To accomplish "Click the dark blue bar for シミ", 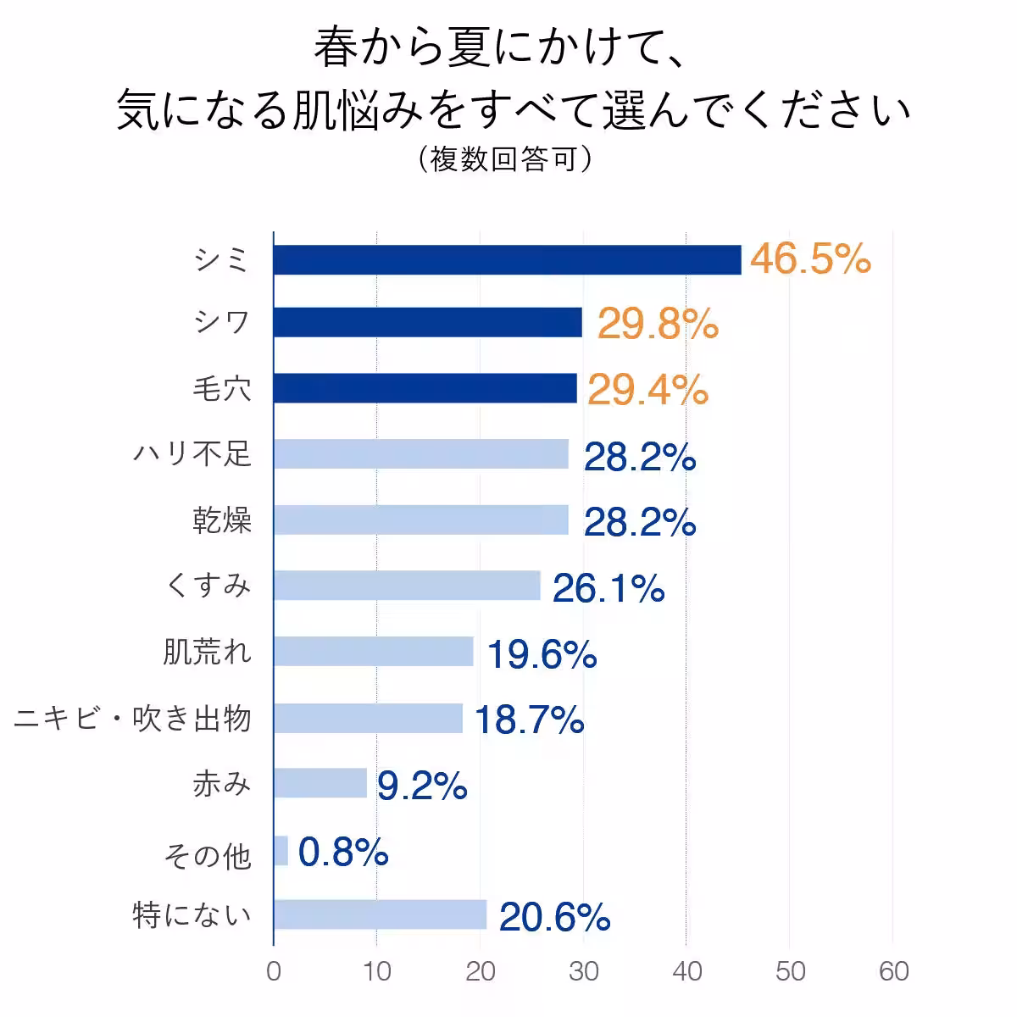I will [507, 259].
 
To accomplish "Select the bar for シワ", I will [428, 323].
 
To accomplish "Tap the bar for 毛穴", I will [425, 388].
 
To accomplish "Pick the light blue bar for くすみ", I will [407, 586].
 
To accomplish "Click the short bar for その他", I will [281, 850].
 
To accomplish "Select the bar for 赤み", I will [320, 783].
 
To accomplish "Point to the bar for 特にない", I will [381, 915].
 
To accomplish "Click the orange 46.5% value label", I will [810, 258].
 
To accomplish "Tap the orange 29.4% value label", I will [647, 390].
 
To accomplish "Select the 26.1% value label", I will [609, 588].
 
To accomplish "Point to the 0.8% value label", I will [343, 852].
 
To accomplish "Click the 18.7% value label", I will [529, 720].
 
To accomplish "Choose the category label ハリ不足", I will [192, 454].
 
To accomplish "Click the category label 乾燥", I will [222, 520].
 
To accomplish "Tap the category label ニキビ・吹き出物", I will [133, 719].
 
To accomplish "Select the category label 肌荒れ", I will [208, 652].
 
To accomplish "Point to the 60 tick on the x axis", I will [893, 971].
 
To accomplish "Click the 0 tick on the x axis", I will [274, 971].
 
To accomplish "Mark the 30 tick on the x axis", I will [583, 971].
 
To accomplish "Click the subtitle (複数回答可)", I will [505, 159].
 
